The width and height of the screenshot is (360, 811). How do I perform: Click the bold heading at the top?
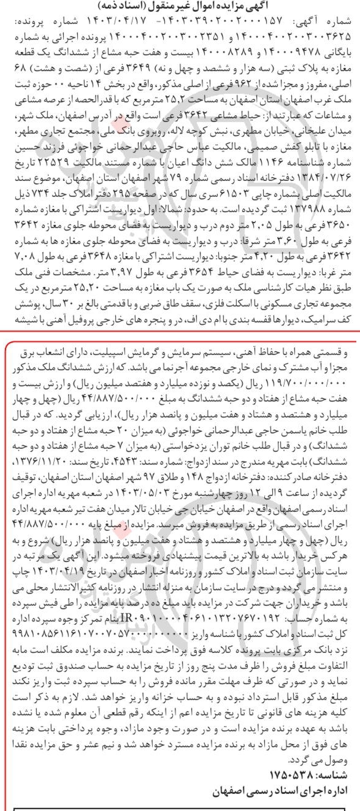(x=180, y=6)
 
